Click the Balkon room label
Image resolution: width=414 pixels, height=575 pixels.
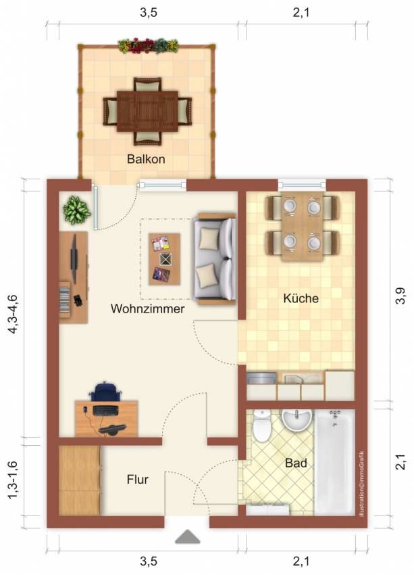[x=146, y=159]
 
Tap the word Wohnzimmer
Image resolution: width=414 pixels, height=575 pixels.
[x=147, y=308]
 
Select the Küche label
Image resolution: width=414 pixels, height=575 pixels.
[x=301, y=298]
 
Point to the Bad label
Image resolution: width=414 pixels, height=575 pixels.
[x=296, y=463]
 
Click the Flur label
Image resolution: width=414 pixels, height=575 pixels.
[x=137, y=479]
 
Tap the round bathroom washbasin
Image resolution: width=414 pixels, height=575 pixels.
[x=297, y=420]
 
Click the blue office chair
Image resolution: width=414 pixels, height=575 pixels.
[x=105, y=391]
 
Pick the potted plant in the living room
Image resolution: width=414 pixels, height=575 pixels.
[x=76, y=210]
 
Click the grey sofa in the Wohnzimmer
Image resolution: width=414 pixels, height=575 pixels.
[x=215, y=259]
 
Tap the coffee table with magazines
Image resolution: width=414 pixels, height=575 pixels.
[x=164, y=259]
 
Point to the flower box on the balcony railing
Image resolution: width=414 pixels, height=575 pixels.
[x=148, y=45]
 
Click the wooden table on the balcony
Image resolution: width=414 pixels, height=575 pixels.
[x=147, y=112]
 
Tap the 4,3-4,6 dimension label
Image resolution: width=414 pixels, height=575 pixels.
[x=13, y=314]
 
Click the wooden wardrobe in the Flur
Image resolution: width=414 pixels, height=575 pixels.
[x=80, y=480]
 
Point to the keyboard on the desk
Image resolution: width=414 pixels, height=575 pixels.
[x=105, y=411]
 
